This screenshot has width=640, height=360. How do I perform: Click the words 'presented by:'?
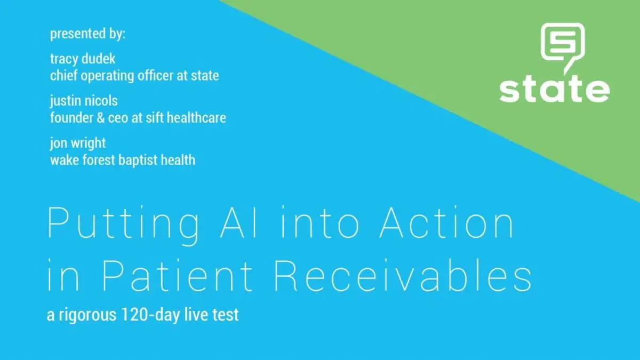tap(87, 35)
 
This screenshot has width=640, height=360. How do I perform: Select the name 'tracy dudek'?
tap(83, 59)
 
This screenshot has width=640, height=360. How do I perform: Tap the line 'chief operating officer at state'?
tap(134, 76)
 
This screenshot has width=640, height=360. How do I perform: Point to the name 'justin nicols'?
tap(84, 101)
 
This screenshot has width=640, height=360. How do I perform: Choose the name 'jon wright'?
tap(78, 143)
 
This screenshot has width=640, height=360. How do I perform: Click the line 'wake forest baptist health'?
tap(123, 159)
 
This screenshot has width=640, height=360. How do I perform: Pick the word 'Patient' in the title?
tap(178, 276)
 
